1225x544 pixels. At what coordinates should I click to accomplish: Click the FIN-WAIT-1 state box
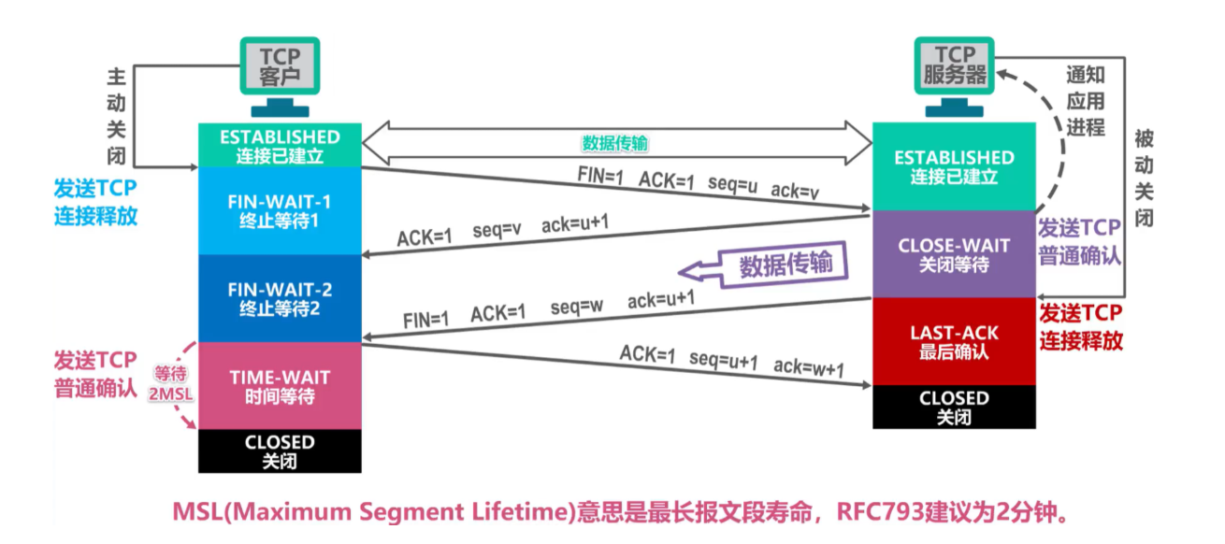click(280, 210)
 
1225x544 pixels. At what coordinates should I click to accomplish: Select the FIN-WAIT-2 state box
click(280, 298)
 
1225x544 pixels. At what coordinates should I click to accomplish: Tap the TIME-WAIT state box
click(280, 386)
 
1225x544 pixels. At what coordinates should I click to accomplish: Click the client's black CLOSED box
click(280, 451)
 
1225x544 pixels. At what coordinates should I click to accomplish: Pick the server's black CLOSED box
click(954, 407)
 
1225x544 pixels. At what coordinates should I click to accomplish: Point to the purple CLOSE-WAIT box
click(954, 254)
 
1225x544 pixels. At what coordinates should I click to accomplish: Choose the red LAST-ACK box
click(954, 341)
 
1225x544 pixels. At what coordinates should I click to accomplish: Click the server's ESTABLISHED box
click(954, 166)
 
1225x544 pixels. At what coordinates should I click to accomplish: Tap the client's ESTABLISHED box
click(280, 146)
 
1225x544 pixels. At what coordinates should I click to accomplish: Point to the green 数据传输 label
click(614, 143)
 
